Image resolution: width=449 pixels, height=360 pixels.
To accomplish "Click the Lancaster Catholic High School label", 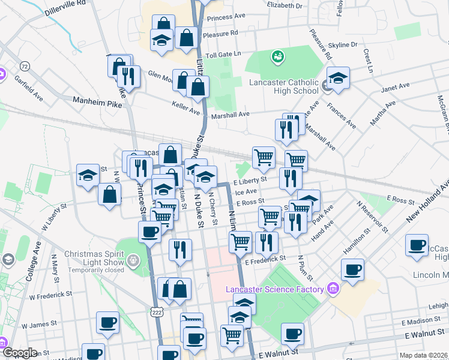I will [x=283, y=86].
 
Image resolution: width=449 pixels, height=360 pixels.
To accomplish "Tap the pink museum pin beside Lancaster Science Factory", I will [x=334, y=290].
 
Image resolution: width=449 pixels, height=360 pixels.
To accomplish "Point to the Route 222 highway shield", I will [x=157, y=312].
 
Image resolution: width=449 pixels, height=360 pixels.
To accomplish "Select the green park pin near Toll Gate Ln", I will [x=277, y=56].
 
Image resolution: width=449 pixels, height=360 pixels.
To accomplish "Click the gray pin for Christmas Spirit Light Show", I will [x=133, y=261].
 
